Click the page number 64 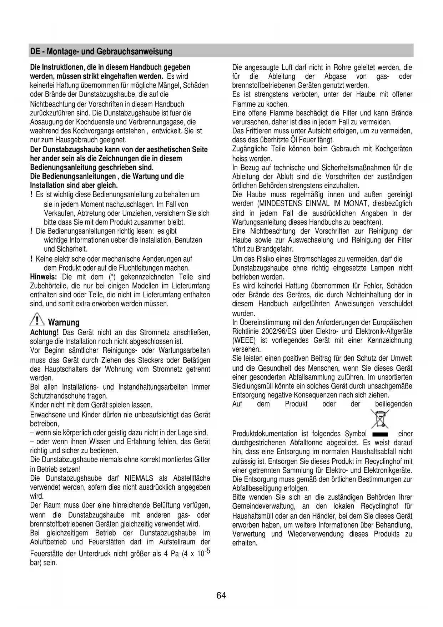[x=221, y=596]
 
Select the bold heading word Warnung [x=64, y=323]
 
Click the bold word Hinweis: [x=44, y=277]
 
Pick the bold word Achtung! [x=44, y=332]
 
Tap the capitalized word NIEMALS [x=139, y=478]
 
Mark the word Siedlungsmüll [x=253, y=386]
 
